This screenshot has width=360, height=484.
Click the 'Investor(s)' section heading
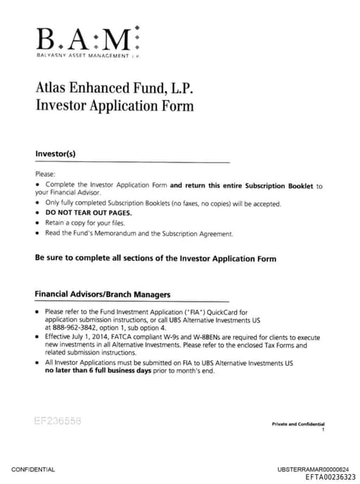coord(55,153)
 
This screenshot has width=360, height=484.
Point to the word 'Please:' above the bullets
coord(45,174)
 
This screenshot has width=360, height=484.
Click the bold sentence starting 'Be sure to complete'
coord(155,258)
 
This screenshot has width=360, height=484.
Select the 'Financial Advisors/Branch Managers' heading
coord(102,294)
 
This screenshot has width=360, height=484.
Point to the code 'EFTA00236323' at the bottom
coord(330,476)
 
